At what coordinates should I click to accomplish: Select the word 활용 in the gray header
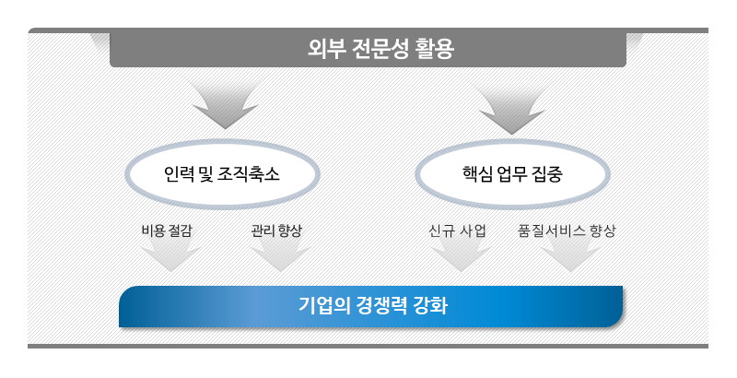click(x=434, y=49)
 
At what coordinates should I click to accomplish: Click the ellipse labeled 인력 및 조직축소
click(x=222, y=174)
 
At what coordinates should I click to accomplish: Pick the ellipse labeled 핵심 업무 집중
click(x=513, y=174)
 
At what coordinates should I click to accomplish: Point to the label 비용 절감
click(x=167, y=230)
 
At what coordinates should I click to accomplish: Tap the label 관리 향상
click(x=276, y=230)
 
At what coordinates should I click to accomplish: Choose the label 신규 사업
click(x=457, y=230)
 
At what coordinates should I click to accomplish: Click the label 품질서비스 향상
click(x=567, y=230)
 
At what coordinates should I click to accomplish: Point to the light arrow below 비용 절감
click(x=170, y=256)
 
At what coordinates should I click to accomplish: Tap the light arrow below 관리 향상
click(x=280, y=256)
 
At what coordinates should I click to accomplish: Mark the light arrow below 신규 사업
click(x=462, y=256)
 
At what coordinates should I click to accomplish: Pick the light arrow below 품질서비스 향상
click(x=570, y=256)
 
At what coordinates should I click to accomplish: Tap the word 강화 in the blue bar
click(x=429, y=305)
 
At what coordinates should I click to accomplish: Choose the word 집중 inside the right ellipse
click(x=547, y=174)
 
